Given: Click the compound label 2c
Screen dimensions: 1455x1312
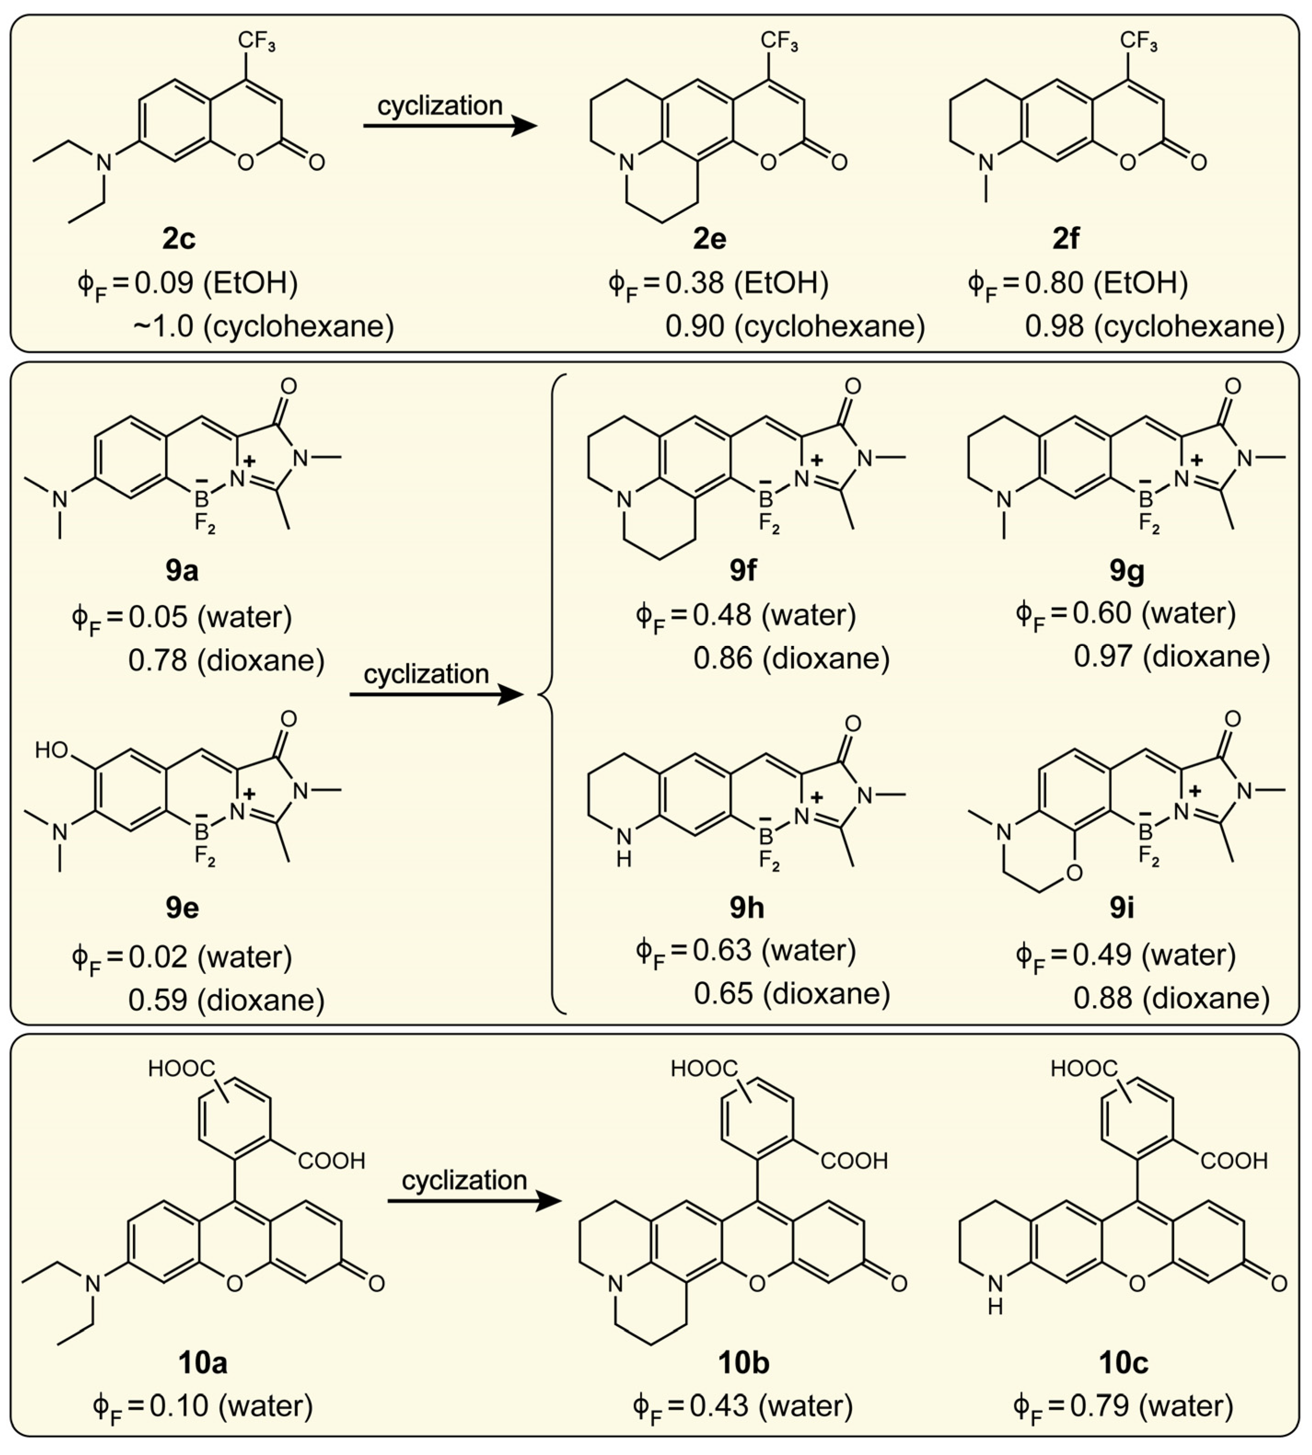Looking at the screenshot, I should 179,239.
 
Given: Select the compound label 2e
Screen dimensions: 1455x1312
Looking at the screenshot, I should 710,239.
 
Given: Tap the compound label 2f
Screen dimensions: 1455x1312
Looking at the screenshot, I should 1066,239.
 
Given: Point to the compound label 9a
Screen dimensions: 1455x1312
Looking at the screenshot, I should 182,570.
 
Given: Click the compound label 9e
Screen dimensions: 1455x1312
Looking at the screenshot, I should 182,907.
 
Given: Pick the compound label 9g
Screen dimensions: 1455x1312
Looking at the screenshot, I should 1127,570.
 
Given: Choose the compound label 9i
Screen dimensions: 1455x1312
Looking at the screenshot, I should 1122,907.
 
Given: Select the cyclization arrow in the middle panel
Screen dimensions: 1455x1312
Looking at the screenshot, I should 436,694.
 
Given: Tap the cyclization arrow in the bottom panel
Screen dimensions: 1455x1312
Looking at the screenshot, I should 474,1200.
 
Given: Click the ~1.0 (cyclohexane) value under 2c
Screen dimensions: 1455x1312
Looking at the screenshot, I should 264,326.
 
